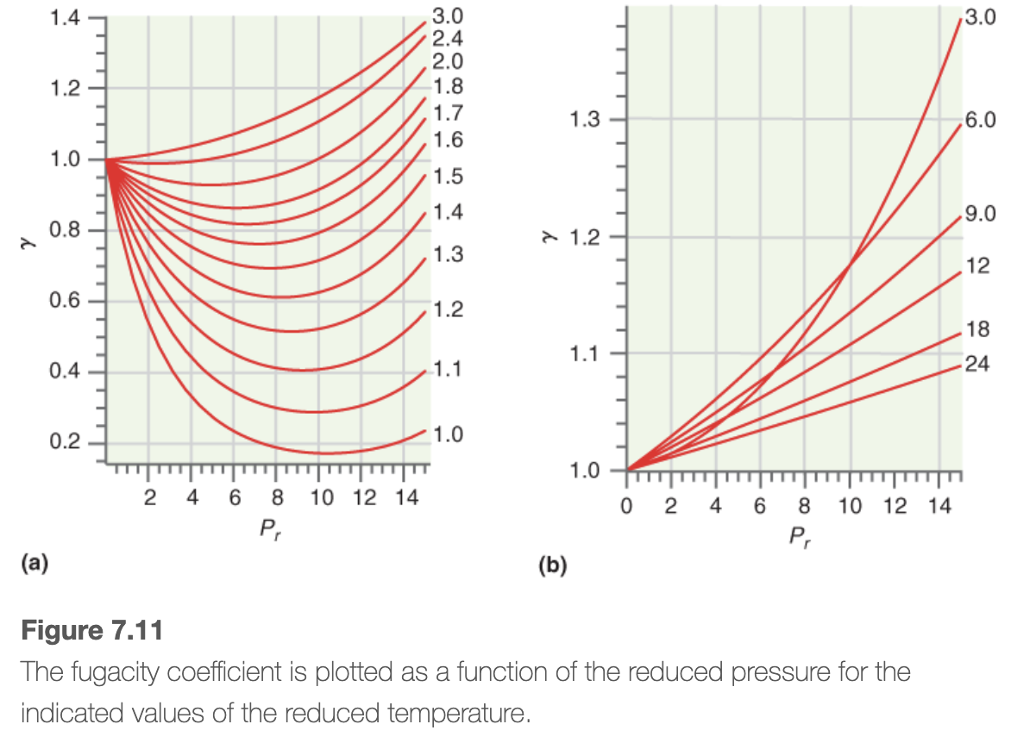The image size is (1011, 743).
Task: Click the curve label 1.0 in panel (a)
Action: pos(448,434)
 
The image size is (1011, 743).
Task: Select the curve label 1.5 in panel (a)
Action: pos(448,177)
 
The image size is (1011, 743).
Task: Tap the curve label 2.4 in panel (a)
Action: pos(448,38)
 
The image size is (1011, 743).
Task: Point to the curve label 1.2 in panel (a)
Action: pos(448,309)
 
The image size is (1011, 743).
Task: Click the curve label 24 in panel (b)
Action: pos(977,365)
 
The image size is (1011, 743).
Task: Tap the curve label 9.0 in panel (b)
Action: pos(980,214)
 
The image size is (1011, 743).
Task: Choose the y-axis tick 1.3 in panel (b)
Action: pos(587,120)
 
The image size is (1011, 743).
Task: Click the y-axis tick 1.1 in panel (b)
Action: pos(587,353)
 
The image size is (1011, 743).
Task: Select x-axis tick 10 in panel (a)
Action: pos(319,497)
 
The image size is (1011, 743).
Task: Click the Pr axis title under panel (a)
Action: pos(270,528)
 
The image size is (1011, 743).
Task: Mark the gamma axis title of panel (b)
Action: pos(546,236)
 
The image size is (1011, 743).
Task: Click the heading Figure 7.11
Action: pos(91,630)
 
